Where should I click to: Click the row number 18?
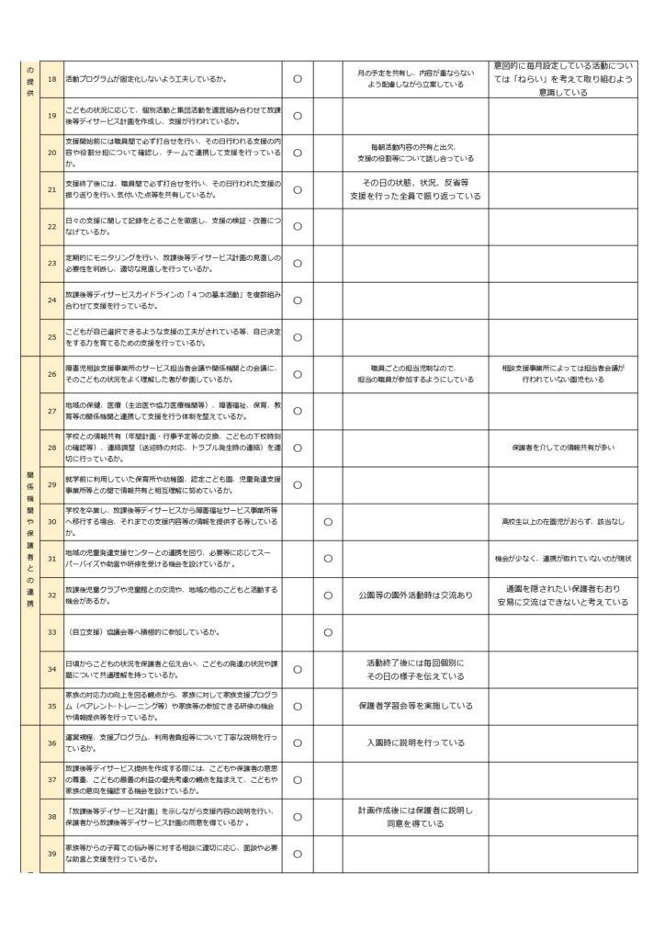pos(51,79)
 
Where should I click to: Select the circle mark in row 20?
pos(298,153)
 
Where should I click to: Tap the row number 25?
pos(51,337)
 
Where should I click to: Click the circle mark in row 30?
pos(328,521)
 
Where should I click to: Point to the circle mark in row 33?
pos(328,632)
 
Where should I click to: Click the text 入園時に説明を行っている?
pos(415,743)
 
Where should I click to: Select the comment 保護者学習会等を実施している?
pos(415,706)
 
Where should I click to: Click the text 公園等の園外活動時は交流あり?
pos(415,595)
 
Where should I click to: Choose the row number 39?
pos(51,854)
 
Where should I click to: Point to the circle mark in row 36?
pos(298,743)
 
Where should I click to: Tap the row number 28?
pos(51,448)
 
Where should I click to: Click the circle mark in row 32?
pos(328,595)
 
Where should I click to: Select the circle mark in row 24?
pos(298,300)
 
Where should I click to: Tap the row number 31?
pos(51,558)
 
